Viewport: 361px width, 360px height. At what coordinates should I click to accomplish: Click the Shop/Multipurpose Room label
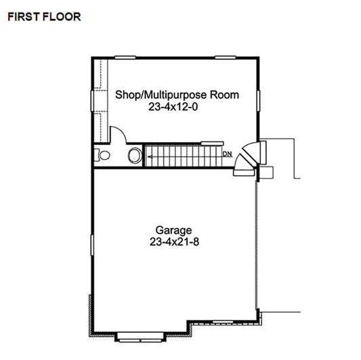tap(177, 95)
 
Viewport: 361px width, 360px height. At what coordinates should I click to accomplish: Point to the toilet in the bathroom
tap(102, 155)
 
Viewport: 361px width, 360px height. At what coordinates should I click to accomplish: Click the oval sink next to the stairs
tap(135, 156)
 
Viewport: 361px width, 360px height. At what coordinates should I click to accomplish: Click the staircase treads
tap(183, 156)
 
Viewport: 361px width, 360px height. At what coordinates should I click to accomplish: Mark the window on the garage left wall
tap(92, 244)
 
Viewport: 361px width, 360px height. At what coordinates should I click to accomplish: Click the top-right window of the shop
tap(227, 58)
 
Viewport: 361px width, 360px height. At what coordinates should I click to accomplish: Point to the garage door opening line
tap(258, 244)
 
